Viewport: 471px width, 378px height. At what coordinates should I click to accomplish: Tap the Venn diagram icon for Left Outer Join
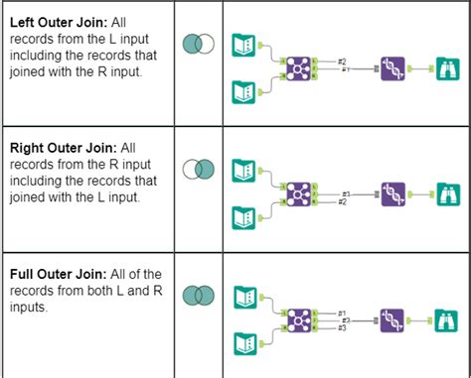(199, 44)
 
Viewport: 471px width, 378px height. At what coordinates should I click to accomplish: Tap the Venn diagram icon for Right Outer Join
(199, 169)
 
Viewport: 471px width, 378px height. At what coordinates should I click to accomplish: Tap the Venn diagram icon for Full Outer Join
(199, 296)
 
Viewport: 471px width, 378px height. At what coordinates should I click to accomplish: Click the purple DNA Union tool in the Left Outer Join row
(394, 68)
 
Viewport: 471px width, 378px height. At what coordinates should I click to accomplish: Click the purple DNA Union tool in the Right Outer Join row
(394, 193)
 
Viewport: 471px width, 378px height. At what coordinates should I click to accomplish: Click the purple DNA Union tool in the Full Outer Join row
(394, 319)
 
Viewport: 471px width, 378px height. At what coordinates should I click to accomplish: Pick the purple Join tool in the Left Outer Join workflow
(297, 68)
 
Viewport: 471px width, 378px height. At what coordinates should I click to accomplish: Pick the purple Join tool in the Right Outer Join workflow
(297, 193)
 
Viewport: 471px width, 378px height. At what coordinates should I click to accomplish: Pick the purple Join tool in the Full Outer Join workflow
(297, 319)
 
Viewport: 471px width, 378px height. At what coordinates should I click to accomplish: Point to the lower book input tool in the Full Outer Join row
(243, 344)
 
